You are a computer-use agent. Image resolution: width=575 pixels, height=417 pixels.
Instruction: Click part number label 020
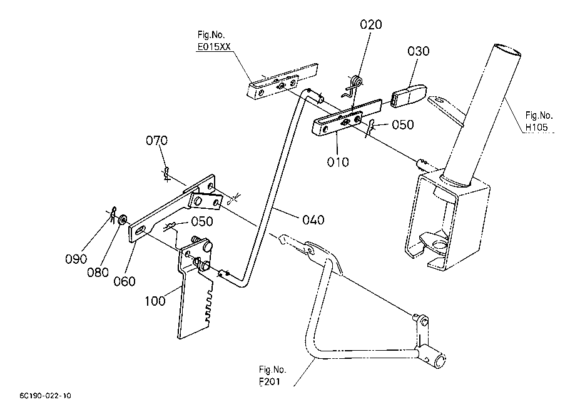(x=371, y=24)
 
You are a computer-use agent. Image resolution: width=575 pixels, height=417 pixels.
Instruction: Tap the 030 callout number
(x=418, y=51)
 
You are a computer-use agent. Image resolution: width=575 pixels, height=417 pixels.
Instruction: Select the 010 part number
(x=338, y=161)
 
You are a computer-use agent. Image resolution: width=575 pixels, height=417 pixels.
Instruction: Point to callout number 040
(x=313, y=220)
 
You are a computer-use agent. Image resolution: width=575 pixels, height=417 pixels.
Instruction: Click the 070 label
(x=156, y=140)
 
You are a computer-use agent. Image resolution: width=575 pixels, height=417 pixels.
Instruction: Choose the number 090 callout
(x=76, y=259)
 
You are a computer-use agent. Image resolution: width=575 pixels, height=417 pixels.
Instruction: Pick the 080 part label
(x=98, y=272)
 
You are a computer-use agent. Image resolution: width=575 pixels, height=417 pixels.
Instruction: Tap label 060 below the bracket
(x=125, y=281)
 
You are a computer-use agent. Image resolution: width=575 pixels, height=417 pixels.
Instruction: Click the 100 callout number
(x=155, y=301)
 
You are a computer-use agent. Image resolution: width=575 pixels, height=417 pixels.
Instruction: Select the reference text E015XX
(x=214, y=47)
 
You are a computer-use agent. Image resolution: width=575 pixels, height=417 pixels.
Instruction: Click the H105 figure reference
(x=536, y=128)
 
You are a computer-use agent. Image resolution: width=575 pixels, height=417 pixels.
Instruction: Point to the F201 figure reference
(x=270, y=381)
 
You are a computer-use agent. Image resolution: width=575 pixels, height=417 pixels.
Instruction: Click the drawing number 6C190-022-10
(x=46, y=396)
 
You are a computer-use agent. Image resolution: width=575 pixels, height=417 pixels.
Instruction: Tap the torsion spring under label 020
(x=353, y=86)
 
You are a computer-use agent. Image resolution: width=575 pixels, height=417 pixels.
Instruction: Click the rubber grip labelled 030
(x=409, y=94)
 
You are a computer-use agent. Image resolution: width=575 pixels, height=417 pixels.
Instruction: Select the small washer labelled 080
(x=122, y=220)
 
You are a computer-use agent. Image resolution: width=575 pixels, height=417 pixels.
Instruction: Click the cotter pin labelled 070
(x=166, y=174)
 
